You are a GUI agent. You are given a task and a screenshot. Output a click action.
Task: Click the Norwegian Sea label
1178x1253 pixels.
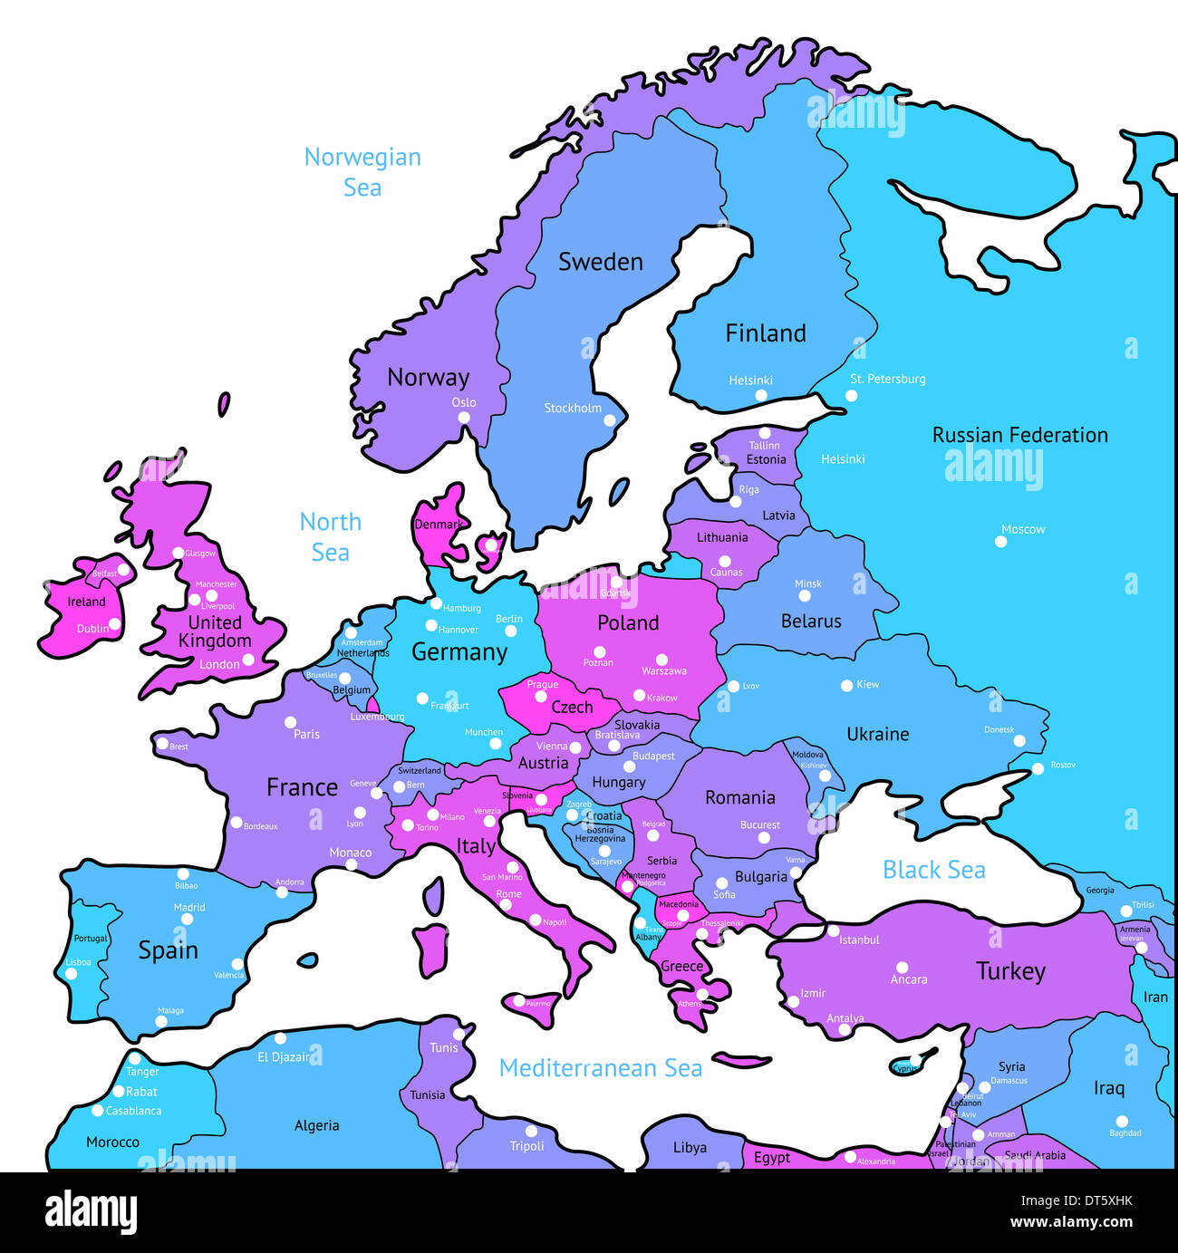tap(362, 172)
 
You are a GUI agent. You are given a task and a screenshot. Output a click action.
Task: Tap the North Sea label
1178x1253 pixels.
tap(331, 536)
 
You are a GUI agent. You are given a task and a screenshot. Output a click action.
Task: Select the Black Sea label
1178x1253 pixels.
tap(933, 870)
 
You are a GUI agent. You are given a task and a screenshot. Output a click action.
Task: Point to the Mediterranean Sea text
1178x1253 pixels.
tap(601, 1068)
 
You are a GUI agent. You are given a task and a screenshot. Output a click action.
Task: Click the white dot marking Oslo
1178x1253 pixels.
tap(464, 418)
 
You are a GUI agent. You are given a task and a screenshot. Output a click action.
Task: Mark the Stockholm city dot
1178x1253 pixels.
tap(610, 420)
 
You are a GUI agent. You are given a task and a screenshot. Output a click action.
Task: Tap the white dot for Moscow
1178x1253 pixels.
tap(1000, 542)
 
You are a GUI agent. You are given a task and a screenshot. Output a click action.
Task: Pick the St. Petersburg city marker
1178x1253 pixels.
tap(851, 396)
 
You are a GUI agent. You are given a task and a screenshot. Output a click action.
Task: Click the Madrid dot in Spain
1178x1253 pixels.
tap(187, 919)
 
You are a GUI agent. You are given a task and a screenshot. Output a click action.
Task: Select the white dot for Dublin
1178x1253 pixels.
tap(115, 624)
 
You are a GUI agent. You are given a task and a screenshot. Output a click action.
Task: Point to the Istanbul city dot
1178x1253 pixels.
tap(833, 930)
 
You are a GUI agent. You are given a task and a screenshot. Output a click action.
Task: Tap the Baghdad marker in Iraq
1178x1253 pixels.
tap(1122, 1121)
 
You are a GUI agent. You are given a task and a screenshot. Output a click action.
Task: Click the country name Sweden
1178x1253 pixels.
tap(600, 262)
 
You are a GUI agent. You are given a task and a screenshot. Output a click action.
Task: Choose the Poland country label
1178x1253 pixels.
tap(628, 622)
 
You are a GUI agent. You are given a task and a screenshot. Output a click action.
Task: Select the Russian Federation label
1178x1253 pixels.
tap(1019, 435)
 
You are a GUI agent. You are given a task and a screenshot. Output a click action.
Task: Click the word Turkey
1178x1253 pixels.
tap(1010, 971)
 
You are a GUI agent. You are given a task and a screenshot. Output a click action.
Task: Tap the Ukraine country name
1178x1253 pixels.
tap(877, 734)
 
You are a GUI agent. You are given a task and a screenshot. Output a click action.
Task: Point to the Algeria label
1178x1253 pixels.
tap(316, 1125)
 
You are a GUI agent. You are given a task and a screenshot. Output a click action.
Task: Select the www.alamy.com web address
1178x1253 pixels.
tap(1071, 1222)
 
